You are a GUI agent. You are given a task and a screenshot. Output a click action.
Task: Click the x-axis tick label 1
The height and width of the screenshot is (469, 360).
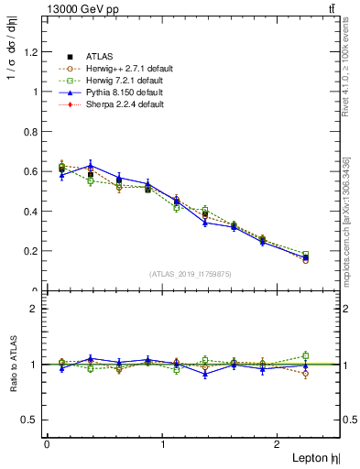click(163, 444)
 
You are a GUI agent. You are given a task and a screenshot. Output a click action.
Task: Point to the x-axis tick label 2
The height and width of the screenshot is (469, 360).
click(278, 444)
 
